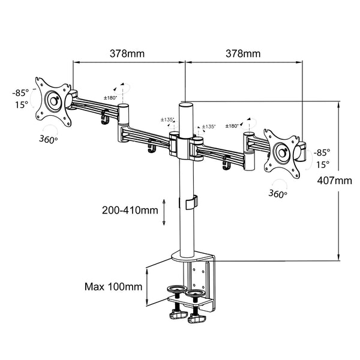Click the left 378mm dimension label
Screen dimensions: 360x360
click(x=127, y=53)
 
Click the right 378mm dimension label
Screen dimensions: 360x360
click(x=242, y=53)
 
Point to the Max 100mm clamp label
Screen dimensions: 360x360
click(x=113, y=286)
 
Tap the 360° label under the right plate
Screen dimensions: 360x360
click(x=277, y=193)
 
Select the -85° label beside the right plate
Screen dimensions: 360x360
click(x=322, y=152)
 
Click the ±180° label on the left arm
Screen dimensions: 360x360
click(x=110, y=98)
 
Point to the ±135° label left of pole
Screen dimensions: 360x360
click(x=167, y=120)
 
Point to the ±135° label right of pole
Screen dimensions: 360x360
click(x=208, y=127)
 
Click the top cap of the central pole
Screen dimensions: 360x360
click(x=185, y=106)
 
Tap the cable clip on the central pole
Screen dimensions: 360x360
click(x=190, y=202)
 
